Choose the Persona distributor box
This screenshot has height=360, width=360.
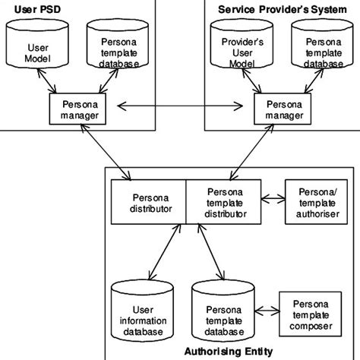pyautogui.click(x=148, y=202)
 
